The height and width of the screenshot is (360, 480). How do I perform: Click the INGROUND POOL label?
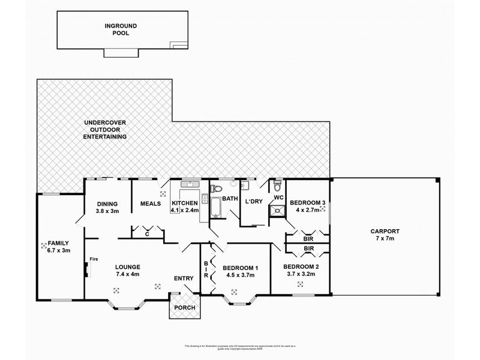tap(118, 29)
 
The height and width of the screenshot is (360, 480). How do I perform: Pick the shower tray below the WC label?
tap(277, 209)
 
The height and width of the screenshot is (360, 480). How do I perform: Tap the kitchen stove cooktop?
tap(205, 199)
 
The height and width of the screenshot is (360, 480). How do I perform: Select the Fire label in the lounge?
tap(93, 259)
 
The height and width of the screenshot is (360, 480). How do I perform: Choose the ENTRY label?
tap(182, 278)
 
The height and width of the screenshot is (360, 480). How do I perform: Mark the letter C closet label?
tap(146, 235)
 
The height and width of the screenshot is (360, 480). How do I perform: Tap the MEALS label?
tap(151, 203)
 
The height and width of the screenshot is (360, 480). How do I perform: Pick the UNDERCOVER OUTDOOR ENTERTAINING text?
tap(105, 130)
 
